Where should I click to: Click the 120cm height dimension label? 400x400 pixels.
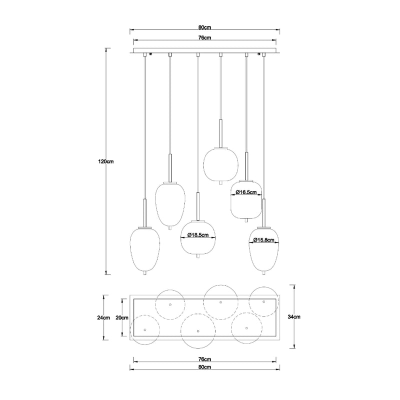coord(106,161)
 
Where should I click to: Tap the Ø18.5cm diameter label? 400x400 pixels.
coord(198,235)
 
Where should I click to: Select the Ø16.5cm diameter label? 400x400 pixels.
coord(246,192)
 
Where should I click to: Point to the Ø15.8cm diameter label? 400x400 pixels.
coord(264,240)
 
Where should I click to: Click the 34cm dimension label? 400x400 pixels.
coord(294,317)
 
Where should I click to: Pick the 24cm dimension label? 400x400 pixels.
coord(103,318)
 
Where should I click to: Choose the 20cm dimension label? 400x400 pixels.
coord(122,318)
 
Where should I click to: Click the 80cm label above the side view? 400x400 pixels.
coord(205,27)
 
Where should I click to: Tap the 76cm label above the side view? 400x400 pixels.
coord(205,38)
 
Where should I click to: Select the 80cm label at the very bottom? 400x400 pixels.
coord(205,367)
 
